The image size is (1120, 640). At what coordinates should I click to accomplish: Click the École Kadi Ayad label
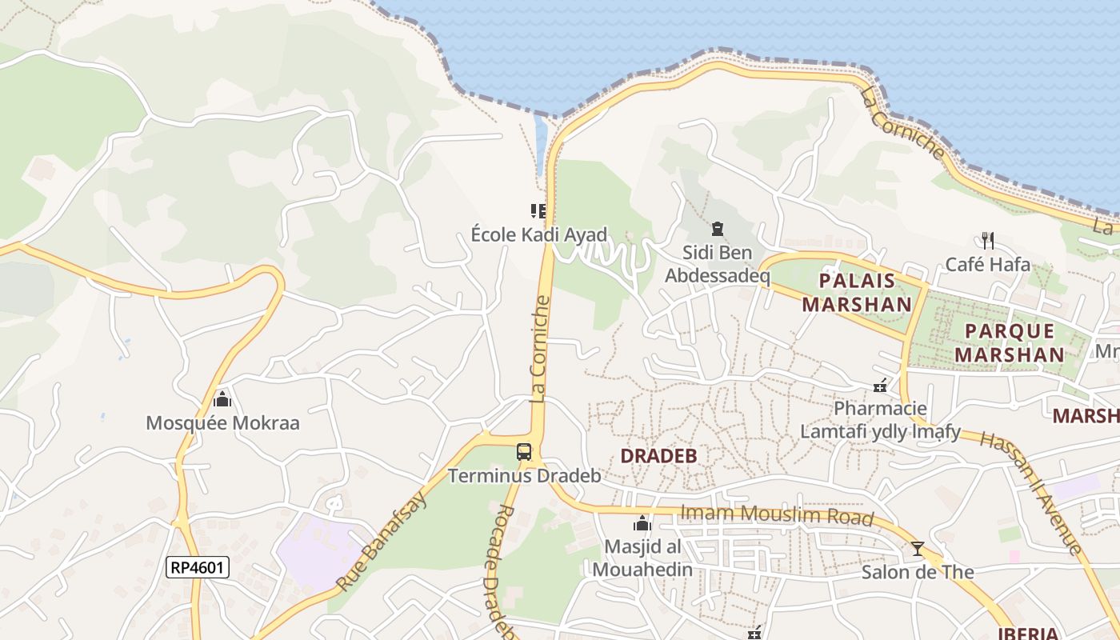(538, 235)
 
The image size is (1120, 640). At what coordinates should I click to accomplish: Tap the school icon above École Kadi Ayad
(538, 211)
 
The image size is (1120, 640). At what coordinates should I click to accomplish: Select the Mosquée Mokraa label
(222, 423)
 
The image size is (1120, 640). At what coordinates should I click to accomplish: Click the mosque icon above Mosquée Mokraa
(222, 398)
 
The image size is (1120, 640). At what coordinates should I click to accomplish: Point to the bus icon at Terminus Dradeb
(524, 452)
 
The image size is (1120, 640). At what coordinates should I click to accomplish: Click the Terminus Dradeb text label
(524, 476)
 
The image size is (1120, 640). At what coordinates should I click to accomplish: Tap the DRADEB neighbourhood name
(659, 456)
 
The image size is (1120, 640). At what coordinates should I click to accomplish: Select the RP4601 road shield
(198, 568)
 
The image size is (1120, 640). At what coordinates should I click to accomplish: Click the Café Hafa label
(988, 264)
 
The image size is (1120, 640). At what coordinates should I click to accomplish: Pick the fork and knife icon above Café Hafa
(988, 240)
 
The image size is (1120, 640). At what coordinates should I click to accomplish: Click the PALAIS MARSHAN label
(857, 293)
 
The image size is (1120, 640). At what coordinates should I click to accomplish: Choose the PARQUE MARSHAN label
(1010, 342)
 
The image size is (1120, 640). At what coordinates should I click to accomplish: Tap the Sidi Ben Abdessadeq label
(718, 265)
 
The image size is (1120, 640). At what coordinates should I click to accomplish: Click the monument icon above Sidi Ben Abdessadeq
(718, 230)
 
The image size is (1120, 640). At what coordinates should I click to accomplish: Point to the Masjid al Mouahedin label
(642, 558)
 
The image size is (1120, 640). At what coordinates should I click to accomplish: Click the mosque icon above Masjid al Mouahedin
(642, 525)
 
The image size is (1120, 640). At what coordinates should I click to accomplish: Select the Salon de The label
(918, 572)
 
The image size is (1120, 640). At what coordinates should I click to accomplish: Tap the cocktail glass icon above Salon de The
(918, 549)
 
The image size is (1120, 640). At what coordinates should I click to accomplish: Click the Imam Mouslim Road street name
(776, 515)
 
